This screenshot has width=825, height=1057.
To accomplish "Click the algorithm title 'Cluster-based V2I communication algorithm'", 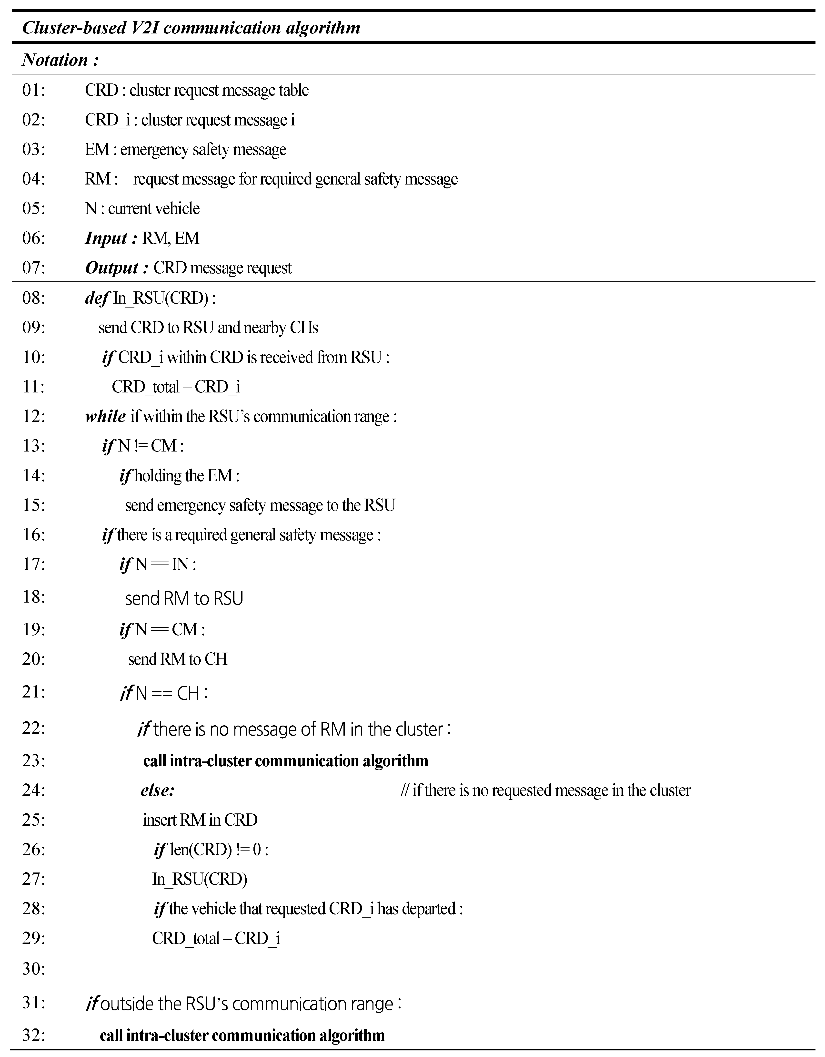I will click(191, 28).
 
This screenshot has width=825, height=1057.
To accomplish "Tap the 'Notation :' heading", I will click(60, 60).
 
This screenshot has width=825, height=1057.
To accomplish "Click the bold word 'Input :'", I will click(111, 238).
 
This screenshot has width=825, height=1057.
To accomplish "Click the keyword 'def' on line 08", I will click(96, 298).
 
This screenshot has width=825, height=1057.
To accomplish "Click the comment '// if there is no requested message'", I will click(545, 790).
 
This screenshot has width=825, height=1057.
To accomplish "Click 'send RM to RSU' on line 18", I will click(184, 599).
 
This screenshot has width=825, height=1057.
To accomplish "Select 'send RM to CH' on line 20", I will click(178, 659).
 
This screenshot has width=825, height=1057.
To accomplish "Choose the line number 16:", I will click(33, 535).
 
